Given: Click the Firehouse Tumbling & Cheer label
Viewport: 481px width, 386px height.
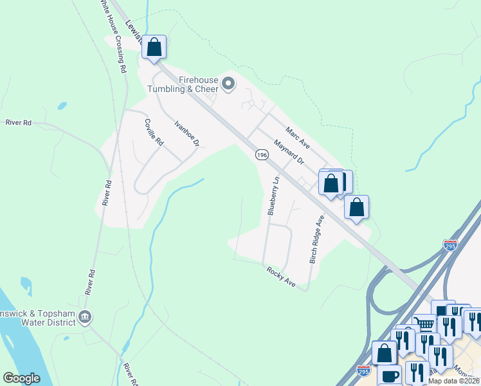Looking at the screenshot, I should tap(184, 84).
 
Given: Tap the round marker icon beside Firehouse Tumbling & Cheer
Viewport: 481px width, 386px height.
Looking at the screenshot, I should tap(228, 84).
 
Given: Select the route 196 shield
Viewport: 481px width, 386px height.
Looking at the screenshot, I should tap(261, 155).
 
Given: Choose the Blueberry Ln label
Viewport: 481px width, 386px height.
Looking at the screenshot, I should tap(273, 196).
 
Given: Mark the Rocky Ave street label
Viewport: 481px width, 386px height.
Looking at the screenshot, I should tap(280, 277).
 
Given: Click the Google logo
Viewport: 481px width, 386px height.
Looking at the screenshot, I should tap(21, 378).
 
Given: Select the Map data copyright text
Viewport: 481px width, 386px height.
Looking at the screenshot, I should tap(454, 381).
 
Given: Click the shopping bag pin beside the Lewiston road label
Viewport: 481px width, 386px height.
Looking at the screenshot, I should tap(154, 47).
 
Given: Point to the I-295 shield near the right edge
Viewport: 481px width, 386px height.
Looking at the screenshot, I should tap(450, 244).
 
